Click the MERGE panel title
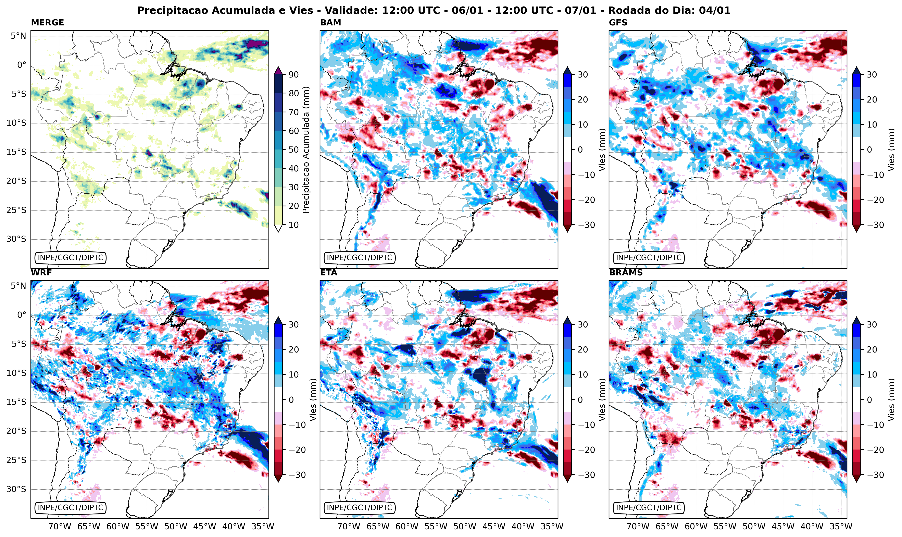coord(47,23)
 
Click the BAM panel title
coord(330,23)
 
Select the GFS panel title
coord(618,23)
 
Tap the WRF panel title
coord(41,273)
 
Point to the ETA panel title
coord(329,273)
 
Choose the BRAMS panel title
coord(626,273)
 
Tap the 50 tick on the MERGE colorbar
coord(293,150)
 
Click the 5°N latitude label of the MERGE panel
coord(18,36)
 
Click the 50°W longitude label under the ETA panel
coord(465,526)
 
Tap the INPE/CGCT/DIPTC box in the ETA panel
coord(359,508)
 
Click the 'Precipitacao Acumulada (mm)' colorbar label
coord(306,150)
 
